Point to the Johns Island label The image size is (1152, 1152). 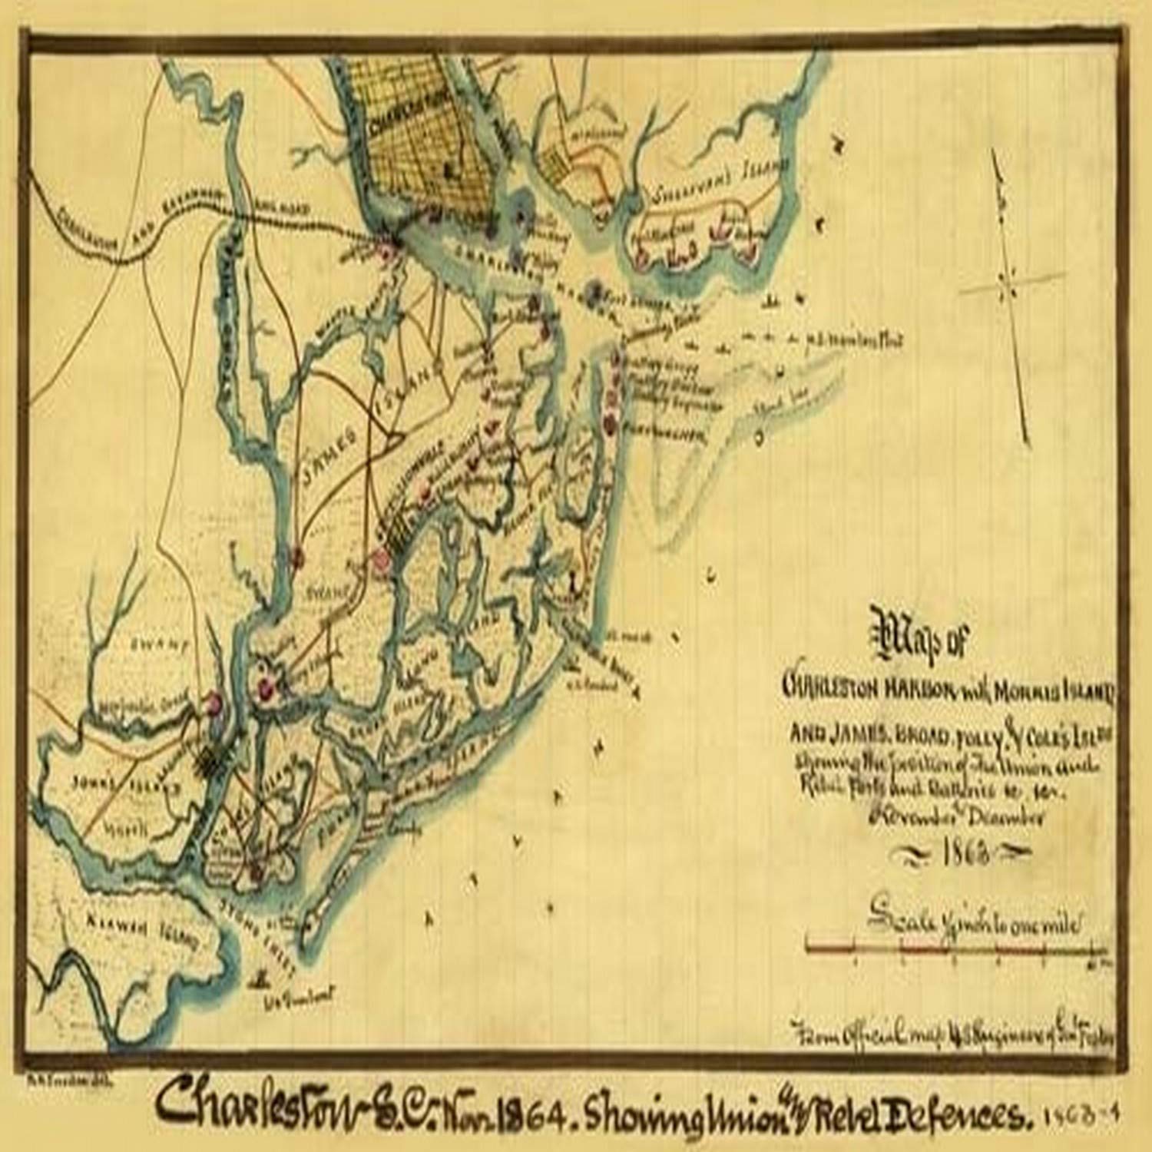pos(123,786)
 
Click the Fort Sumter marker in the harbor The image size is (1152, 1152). pos(592,290)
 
